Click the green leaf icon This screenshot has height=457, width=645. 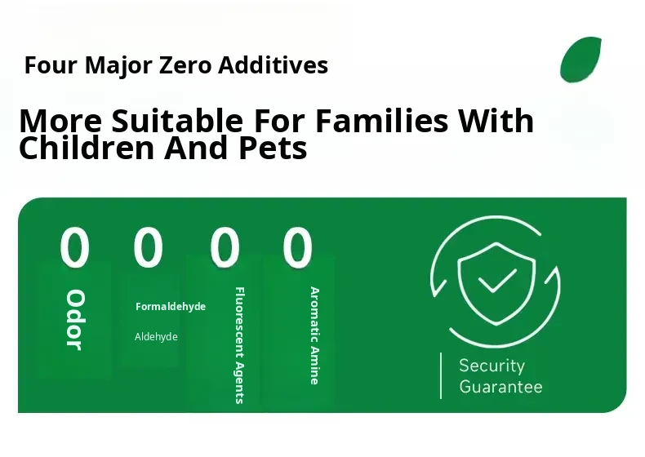(x=580, y=60)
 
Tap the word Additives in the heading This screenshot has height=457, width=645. (x=273, y=65)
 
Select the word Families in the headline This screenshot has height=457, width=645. (x=382, y=121)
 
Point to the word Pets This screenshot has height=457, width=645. (x=273, y=148)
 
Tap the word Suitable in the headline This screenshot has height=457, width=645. (x=177, y=121)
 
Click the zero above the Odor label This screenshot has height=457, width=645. (x=74, y=247)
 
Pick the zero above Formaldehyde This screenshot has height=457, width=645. (x=148, y=247)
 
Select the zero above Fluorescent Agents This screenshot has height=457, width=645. (x=225, y=247)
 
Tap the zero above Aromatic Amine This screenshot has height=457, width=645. (x=297, y=247)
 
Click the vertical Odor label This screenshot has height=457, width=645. (x=75, y=320)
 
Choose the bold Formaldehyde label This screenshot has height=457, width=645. (x=171, y=307)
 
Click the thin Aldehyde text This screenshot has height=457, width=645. (x=156, y=337)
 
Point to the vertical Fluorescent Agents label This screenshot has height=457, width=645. (x=240, y=345)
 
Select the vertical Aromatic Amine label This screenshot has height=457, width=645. (x=314, y=335)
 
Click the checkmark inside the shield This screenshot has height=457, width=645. (x=497, y=281)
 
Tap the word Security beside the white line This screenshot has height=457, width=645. (x=492, y=366)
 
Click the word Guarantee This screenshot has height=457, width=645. (x=501, y=387)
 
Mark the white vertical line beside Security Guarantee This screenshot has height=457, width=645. (x=441, y=375)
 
